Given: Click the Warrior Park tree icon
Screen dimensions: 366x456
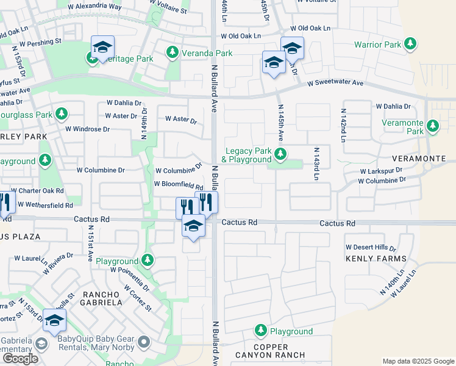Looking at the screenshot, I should pos(411,44).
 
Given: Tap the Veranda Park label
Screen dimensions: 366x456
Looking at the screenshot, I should pos(207,53).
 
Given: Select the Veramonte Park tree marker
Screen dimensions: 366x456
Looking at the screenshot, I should pos(433,126).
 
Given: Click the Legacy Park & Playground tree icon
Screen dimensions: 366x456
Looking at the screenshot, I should pos(280,154).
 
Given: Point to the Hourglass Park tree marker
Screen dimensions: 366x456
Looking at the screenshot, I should pos(61,114).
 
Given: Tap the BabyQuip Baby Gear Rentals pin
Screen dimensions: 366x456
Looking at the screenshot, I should pos(144,342).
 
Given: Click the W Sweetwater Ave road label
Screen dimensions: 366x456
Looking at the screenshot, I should pos(335,83).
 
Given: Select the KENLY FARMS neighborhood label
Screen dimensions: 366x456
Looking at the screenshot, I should pos(376,259).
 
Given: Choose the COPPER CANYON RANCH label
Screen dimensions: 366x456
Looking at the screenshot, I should pos(280,350).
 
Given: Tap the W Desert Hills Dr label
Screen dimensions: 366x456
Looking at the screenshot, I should pos(371,248).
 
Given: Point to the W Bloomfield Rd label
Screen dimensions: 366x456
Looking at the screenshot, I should pos(178,184).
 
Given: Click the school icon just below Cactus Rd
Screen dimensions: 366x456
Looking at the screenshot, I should pos(194,226).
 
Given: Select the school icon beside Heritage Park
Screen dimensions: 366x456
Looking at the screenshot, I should pos(103,47).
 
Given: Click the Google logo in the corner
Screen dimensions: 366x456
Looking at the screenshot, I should pos(20,359).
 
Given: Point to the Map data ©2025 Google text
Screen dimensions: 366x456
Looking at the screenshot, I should pos(418,361).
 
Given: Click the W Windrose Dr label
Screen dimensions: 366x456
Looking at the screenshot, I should pos(87,129).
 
